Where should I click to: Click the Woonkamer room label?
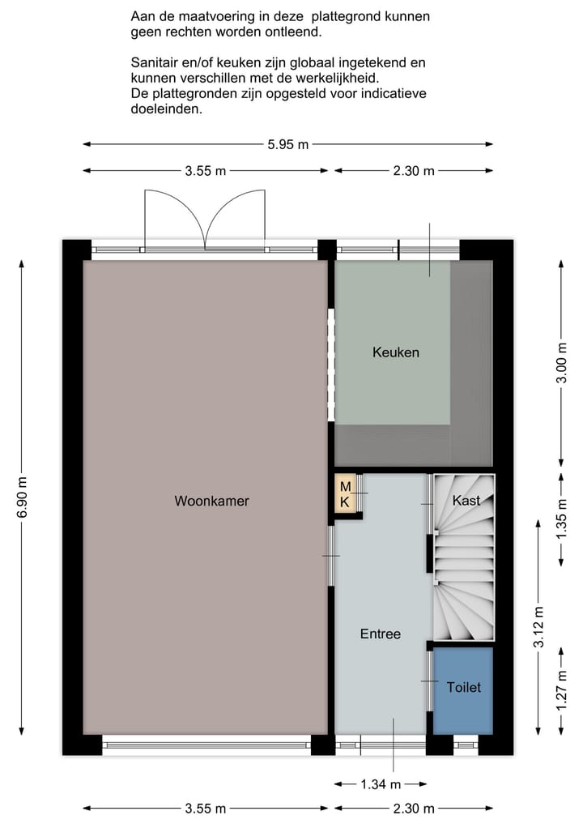click(x=211, y=501)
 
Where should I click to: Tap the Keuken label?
click(x=396, y=352)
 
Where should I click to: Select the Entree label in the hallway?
click(x=381, y=634)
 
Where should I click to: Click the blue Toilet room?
click(x=463, y=688)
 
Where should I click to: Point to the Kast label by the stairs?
click(x=466, y=501)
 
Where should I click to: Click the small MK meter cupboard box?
click(x=345, y=494)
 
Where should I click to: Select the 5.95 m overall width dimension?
click(x=287, y=145)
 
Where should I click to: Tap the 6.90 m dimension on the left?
click(x=21, y=502)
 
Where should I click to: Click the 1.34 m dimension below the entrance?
click(x=380, y=783)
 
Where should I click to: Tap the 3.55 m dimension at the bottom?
click(x=205, y=808)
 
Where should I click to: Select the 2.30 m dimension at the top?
click(x=413, y=170)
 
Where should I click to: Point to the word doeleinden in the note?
click(x=166, y=109)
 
